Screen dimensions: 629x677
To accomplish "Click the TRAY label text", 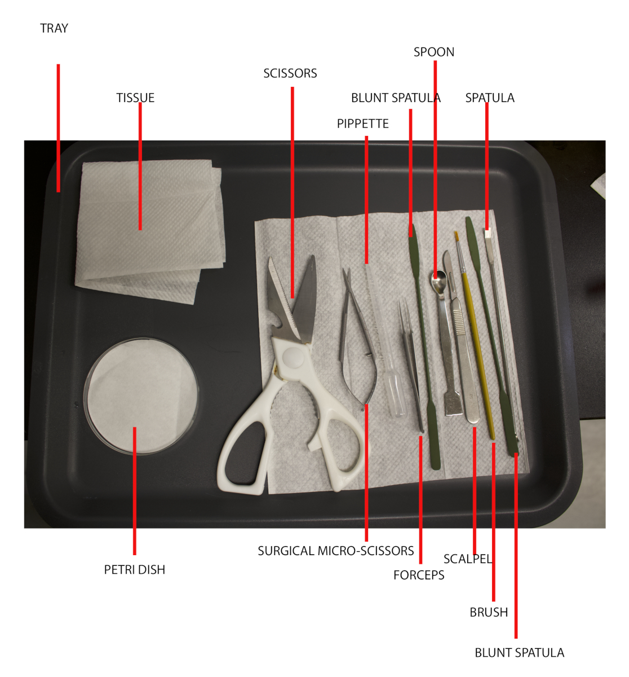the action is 54,28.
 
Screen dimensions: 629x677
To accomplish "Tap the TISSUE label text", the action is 135,98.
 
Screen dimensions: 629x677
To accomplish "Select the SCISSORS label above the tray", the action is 290,73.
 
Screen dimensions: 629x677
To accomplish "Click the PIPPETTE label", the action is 363,124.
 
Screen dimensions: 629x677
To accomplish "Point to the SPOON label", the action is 434,52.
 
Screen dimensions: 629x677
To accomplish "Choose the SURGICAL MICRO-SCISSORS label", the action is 336,551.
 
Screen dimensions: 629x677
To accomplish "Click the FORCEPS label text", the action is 419,575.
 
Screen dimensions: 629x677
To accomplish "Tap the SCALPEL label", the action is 468,559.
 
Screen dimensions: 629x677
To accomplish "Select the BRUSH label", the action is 489,612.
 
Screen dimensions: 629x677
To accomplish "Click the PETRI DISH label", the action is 135,570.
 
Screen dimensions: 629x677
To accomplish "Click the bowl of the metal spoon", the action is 438,278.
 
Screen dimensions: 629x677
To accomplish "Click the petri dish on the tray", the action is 141,395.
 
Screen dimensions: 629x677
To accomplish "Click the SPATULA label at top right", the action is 490,98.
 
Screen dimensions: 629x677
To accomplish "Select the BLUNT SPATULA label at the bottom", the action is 519,653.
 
